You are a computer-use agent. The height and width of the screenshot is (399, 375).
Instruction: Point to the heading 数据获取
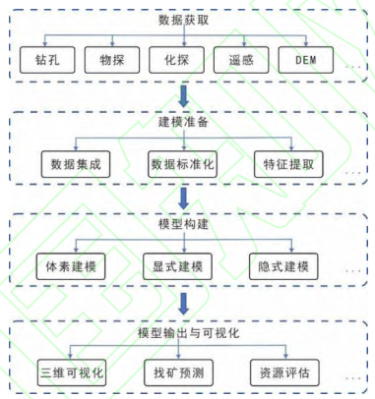point(184,20)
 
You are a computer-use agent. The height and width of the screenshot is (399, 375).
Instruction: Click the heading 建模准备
point(184,122)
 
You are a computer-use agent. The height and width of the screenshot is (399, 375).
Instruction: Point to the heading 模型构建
point(184,226)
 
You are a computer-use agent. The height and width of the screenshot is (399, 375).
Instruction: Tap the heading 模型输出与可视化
point(184,331)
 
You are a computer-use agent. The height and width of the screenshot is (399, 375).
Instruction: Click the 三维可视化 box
point(73,373)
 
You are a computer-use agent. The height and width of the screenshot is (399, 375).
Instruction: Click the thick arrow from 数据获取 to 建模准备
point(184,94)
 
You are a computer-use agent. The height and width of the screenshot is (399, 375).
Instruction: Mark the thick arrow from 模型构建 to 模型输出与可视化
point(184,303)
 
